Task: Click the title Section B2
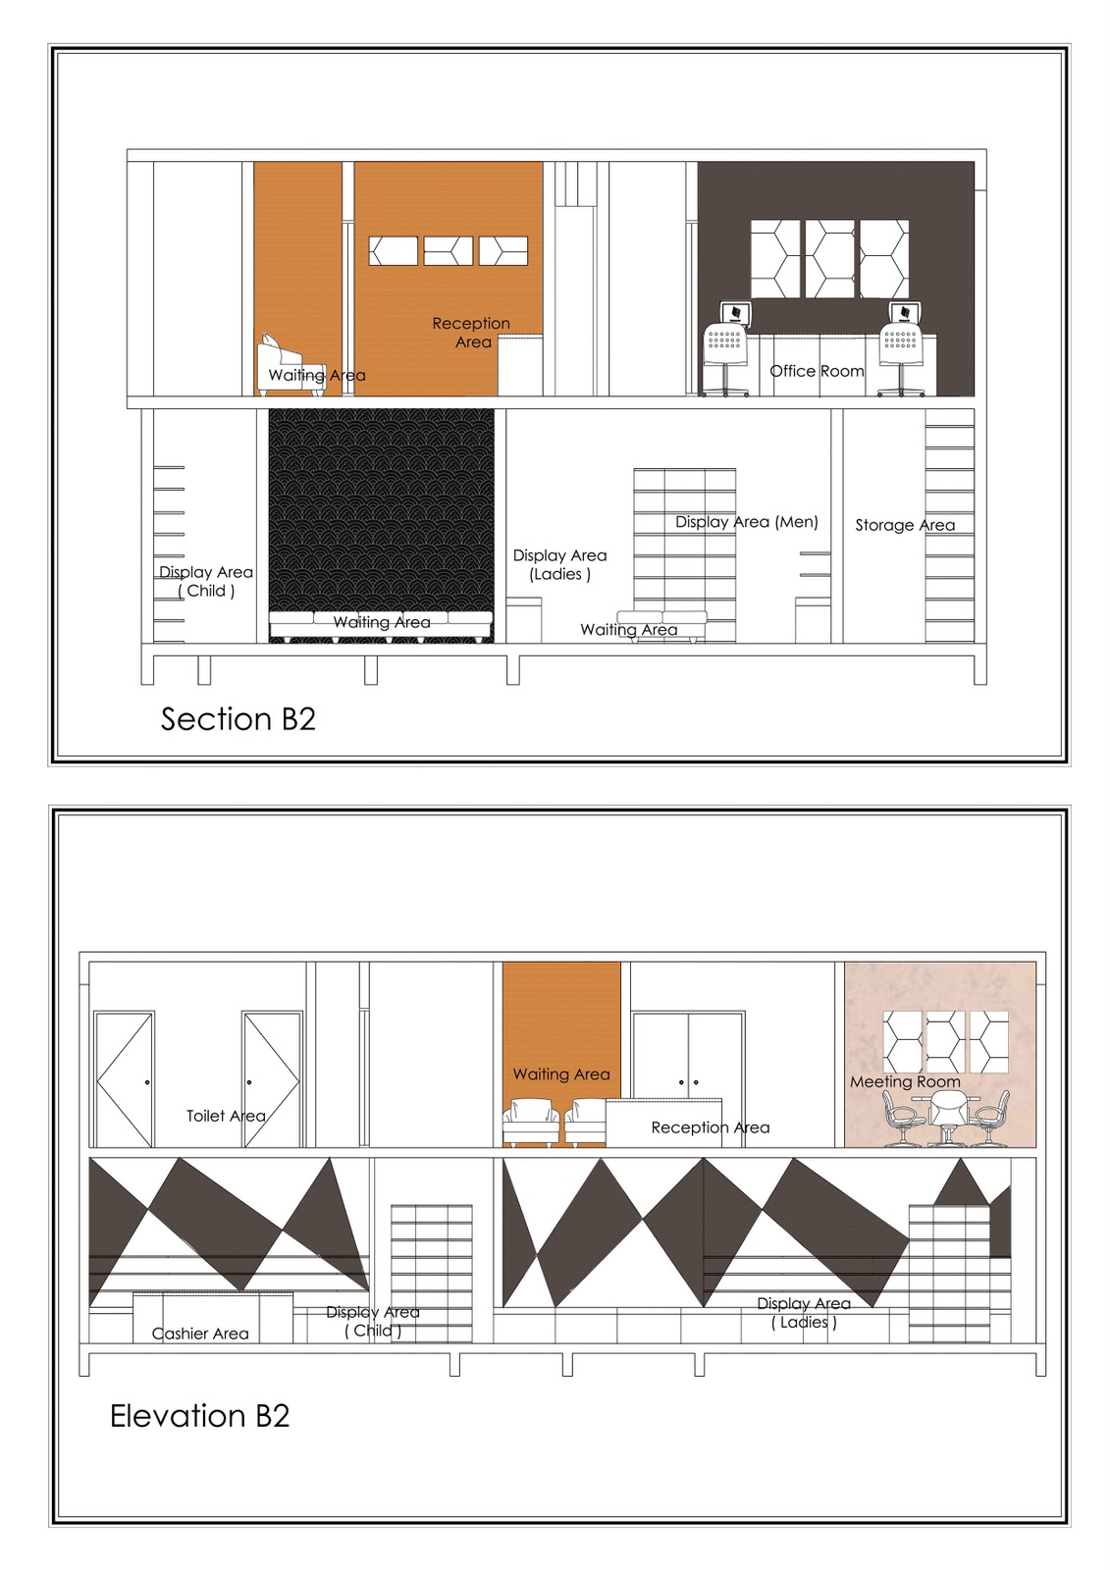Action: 238,719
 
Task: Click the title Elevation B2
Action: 200,1416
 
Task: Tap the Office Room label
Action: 817,371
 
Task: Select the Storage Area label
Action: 904,525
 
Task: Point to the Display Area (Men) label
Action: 746,522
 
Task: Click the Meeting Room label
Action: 904,1081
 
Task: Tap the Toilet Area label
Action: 226,1116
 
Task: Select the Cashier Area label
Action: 200,1334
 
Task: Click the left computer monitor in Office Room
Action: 735,314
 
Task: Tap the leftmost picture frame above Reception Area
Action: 393,250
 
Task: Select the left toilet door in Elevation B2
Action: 124,1079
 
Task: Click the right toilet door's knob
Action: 249,1081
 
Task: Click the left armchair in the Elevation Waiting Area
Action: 531,1124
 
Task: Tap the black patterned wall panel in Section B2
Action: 381,510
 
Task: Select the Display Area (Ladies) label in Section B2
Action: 559,565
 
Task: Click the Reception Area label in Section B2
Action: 471,333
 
